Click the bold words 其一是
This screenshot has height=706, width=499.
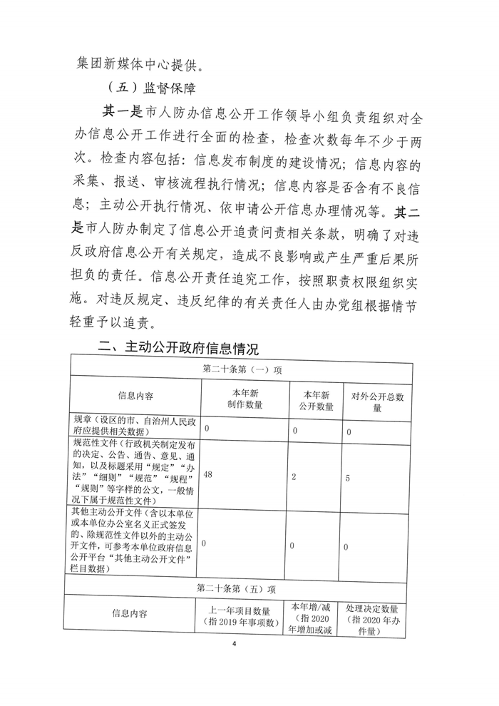coord(121,112)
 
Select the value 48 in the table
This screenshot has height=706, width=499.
coord(210,474)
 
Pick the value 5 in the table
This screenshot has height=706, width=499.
coord(347,479)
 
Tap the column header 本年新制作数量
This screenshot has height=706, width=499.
coord(245,399)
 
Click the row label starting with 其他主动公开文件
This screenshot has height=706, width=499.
coord(135,541)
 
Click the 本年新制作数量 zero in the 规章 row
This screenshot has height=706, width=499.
coord(207,431)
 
